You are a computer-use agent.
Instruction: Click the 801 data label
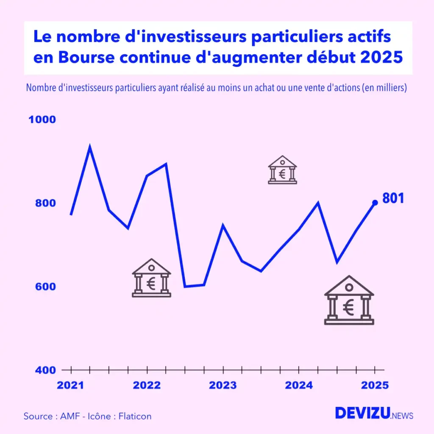393,198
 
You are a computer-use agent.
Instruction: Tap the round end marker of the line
375,203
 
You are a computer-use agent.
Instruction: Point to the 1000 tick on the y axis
42,120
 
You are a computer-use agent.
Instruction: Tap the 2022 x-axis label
147,385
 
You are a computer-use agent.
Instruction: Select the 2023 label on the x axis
223,385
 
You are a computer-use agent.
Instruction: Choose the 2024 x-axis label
299,385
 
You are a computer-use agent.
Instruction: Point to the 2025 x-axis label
375,385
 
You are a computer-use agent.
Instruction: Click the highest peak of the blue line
90,147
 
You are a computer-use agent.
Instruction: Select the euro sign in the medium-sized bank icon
151,283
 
